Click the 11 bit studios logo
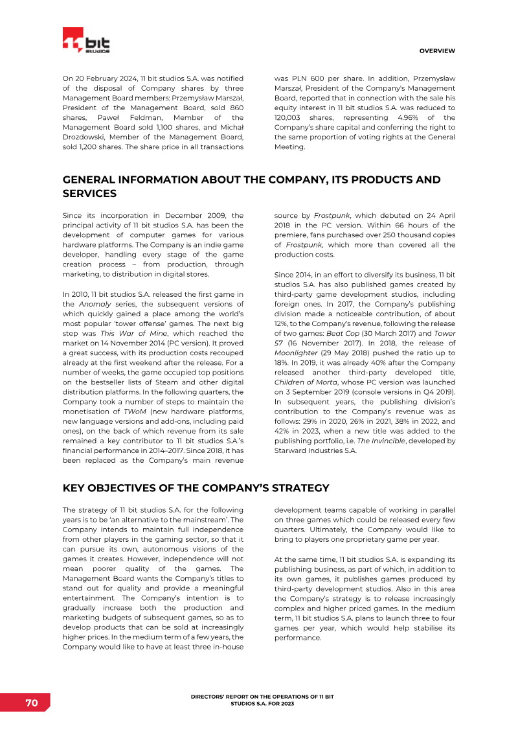[86, 41]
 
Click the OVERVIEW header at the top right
[437, 51]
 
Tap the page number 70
[31, 703]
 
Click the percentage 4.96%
[407, 117]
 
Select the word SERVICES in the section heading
[89, 193]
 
